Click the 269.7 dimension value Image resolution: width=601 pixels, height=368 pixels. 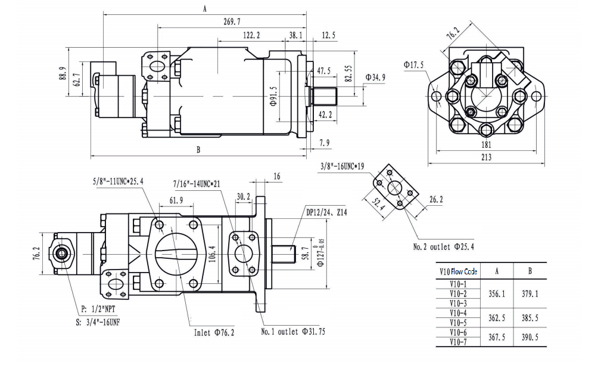(x=232, y=21)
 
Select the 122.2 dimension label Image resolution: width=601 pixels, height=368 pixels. (x=251, y=36)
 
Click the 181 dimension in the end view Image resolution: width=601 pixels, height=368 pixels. (x=486, y=144)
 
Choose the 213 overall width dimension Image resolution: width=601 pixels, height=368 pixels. (x=486, y=157)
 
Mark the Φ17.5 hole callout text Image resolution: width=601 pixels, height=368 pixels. (x=413, y=64)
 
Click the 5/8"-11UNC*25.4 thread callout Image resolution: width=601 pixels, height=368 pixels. (x=118, y=181)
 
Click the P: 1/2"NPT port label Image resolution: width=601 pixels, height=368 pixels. (x=98, y=310)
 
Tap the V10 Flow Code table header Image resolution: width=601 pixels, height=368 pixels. (x=458, y=271)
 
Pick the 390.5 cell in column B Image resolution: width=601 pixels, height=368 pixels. (x=530, y=337)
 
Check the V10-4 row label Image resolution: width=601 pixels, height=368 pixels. (x=458, y=313)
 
